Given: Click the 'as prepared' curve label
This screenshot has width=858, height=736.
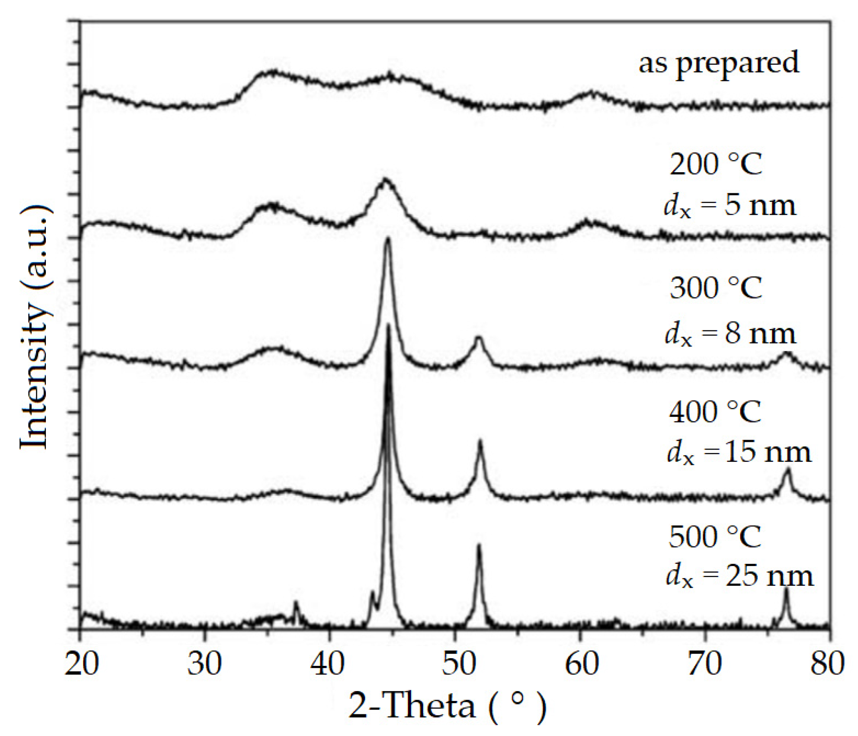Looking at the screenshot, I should coord(718,63).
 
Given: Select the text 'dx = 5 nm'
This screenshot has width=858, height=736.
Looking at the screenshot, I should coord(729,206).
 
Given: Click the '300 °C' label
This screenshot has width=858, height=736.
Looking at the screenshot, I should coord(715,288).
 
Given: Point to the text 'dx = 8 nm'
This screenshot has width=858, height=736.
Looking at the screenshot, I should coord(730,335).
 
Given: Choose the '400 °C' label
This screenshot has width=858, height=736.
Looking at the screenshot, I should coord(715,412).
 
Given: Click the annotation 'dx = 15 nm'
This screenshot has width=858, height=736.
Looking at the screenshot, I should coord(739,452).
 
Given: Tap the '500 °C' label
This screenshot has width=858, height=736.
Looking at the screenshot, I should coord(715,536).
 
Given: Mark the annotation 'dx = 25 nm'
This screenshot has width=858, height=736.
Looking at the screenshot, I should coord(740,576).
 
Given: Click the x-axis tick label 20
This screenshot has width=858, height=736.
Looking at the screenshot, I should coord(81,664).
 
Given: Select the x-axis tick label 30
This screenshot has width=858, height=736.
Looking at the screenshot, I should coord(205,664).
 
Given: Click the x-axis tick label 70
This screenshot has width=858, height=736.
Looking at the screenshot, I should coord(705,664).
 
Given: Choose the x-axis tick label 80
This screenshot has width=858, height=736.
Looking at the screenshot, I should coord(827,664).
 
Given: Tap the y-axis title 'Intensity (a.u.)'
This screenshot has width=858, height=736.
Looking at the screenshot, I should coord(35,327).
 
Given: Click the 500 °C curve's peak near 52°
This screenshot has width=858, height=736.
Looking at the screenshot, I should coord(479,546).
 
